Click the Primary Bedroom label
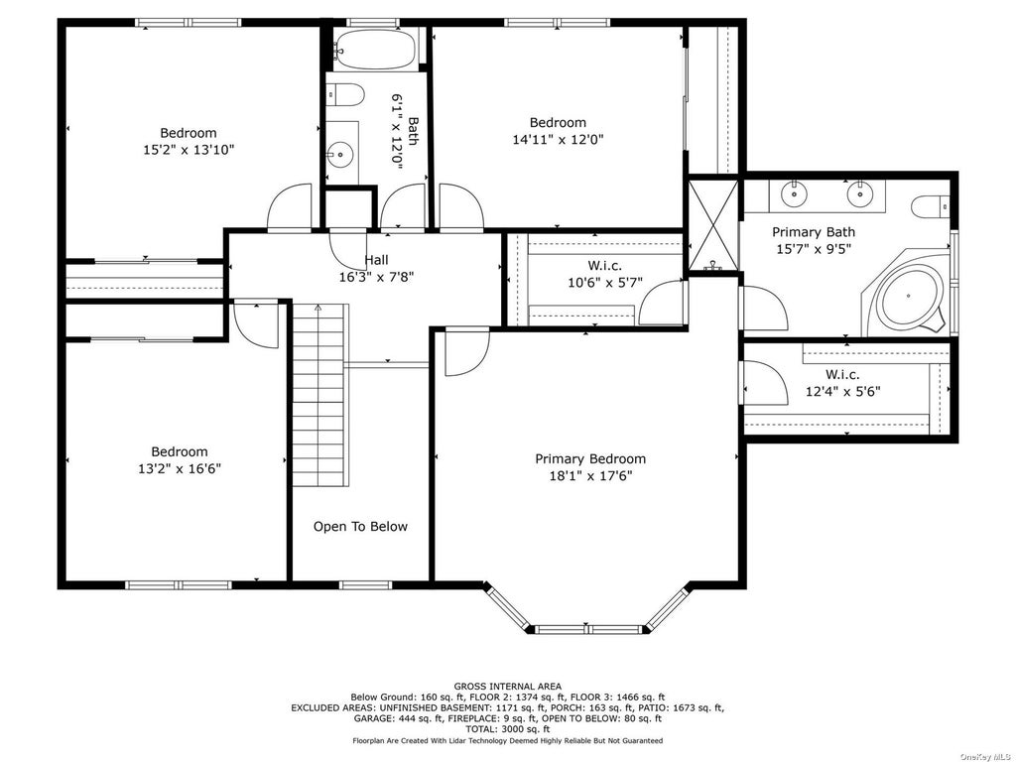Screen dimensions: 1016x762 point(590,459)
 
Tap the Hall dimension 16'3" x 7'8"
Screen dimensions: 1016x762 point(376,278)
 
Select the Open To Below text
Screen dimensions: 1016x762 point(360,527)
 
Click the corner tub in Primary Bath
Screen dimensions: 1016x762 point(907,296)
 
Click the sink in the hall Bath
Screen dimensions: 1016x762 point(339,155)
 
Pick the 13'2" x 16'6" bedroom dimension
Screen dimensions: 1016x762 point(180,468)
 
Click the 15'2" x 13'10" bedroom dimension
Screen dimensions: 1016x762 point(189,150)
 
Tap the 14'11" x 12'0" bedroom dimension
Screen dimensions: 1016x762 point(558,139)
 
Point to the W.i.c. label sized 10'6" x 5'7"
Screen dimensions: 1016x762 point(604,266)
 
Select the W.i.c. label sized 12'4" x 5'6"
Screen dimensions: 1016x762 point(842,374)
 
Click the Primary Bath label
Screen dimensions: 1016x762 point(814,232)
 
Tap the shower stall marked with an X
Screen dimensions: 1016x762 point(712,225)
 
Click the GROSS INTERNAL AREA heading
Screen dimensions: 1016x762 point(507,687)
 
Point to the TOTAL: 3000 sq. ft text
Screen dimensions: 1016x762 point(507,729)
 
